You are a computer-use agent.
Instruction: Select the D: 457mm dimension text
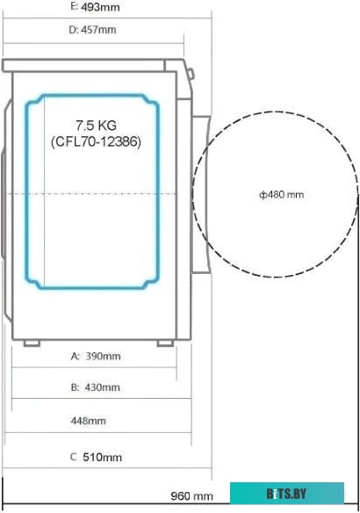tap(92, 30)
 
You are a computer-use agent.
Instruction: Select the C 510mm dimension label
tap(95, 458)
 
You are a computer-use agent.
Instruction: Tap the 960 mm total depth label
tap(192, 496)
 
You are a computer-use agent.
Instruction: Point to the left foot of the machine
tap(32, 343)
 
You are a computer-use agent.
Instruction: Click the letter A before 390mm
tap(74, 357)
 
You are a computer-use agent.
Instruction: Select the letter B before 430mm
tap(74, 387)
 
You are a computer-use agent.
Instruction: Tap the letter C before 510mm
tap(73, 458)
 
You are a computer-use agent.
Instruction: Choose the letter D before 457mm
tap(73, 30)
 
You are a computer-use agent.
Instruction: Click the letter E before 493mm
tap(72, 7)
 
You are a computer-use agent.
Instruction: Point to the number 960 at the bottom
tap(182, 496)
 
